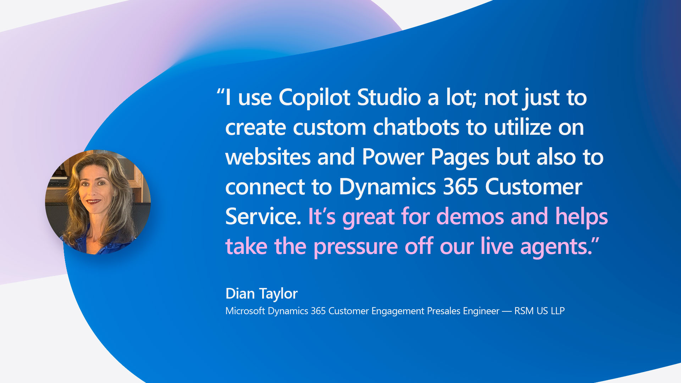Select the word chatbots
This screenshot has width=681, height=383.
(416, 127)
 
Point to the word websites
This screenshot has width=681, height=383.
(268, 157)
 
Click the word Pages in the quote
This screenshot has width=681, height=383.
(460, 157)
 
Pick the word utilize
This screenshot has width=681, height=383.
(522, 127)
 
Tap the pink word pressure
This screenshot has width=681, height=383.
(355, 246)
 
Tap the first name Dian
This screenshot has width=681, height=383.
(240, 294)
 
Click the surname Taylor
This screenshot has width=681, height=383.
(278, 294)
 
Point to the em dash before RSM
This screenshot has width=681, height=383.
(507, 311)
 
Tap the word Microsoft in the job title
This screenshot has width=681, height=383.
(245, 311)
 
